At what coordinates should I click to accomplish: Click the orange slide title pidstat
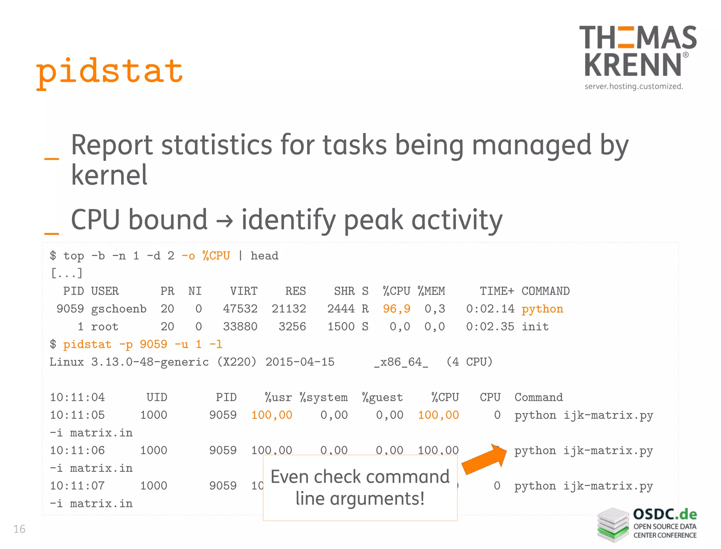(x=109, y=72)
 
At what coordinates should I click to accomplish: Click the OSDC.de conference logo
(x=647, y=525)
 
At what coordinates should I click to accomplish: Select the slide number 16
(x=19, y=529)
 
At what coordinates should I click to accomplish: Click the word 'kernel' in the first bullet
(x=109, y=175)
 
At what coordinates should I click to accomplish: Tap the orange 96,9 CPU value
(x=396, y=309)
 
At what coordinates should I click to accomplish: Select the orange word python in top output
(x=542, y=309)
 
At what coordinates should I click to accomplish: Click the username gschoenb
(x=119, y=309)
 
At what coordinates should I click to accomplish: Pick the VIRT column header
(x=244, y=291)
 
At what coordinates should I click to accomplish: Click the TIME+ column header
(x=497, y=291)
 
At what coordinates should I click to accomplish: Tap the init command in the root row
(x=535, y=327)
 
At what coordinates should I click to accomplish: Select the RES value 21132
(x=289, y=309)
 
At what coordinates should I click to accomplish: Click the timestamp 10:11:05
(x=77, y=415)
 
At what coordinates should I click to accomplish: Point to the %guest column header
(x=382, y=397)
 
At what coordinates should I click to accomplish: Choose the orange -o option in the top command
(x=188, y=256)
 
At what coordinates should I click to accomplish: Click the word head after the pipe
(x=264, y=256)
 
